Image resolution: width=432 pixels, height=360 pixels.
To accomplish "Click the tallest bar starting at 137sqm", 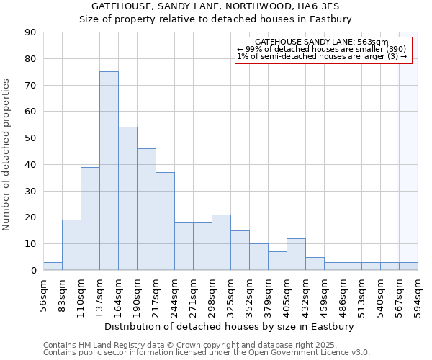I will (x=109, y=171).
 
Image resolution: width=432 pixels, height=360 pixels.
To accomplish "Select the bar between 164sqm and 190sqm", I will (x=127, y=199).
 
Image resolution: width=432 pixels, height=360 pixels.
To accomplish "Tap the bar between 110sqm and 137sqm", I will (x=90, y=218).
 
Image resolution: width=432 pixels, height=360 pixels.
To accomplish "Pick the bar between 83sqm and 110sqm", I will (x=71, y=245).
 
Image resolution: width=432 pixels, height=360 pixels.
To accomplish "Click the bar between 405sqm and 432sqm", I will (x=296, y=254).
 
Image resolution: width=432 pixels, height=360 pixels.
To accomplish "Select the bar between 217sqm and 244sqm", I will (x=165, y=221).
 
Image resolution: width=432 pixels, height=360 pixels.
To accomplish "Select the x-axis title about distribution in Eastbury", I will (x=229, y=326).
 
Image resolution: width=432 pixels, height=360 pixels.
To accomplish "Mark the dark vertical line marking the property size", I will (x=397, y=166).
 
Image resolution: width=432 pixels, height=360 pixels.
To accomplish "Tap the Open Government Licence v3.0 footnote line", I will (x=207, y=352).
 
